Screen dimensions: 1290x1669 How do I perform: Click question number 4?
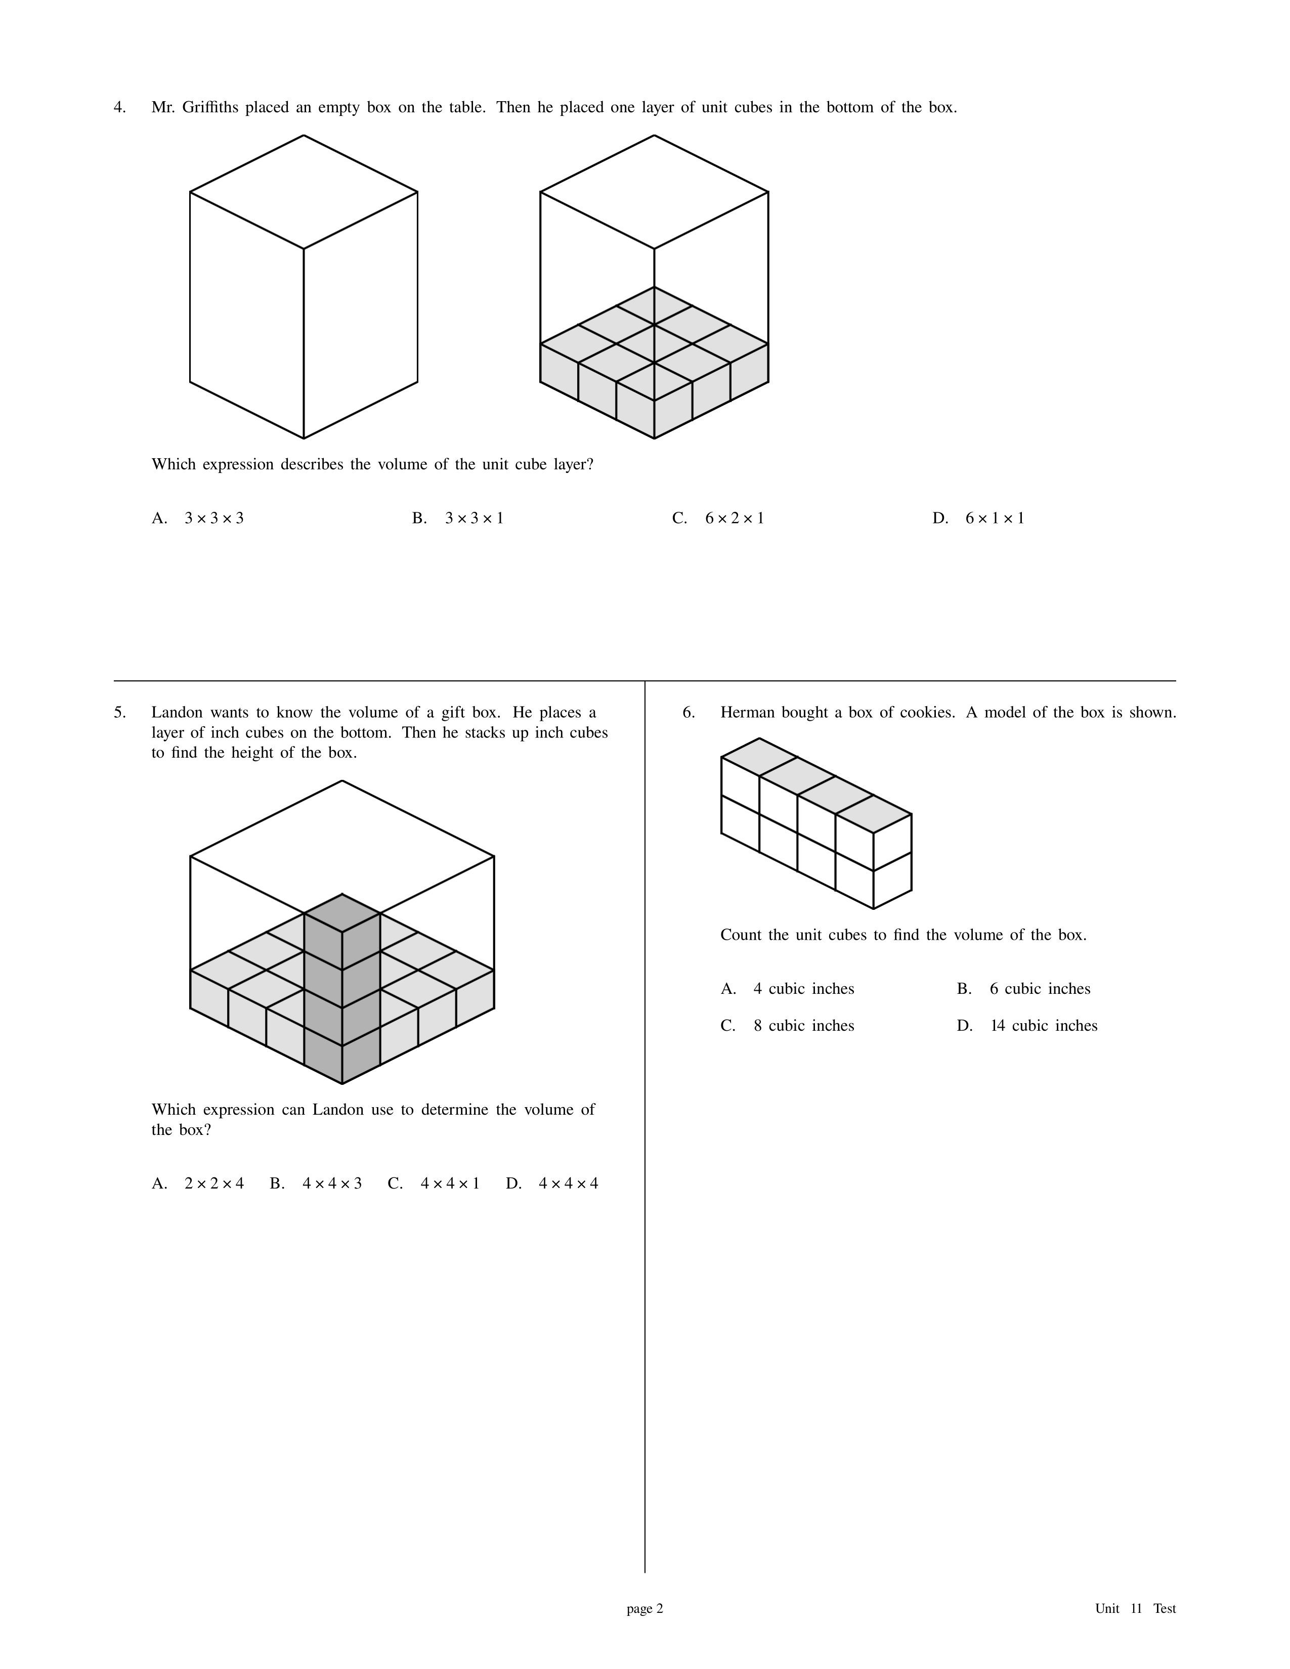pos(119,108)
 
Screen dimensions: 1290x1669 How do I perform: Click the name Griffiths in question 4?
pos(210,108)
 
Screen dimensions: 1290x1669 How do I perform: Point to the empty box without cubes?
pos(304,287)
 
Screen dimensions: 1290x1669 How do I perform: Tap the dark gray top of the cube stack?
pos(342,913)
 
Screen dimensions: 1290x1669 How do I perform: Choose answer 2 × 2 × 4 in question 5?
pos(198,1184)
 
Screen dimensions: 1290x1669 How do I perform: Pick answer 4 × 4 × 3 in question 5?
pos(316,1184)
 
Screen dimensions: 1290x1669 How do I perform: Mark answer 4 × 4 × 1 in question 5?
pos(434,1184)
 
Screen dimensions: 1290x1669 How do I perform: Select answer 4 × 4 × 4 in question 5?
pos(552,1184)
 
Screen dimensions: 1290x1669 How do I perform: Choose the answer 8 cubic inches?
pos(788,1026)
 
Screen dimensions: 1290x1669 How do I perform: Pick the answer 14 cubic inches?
pos(1027,1026)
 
